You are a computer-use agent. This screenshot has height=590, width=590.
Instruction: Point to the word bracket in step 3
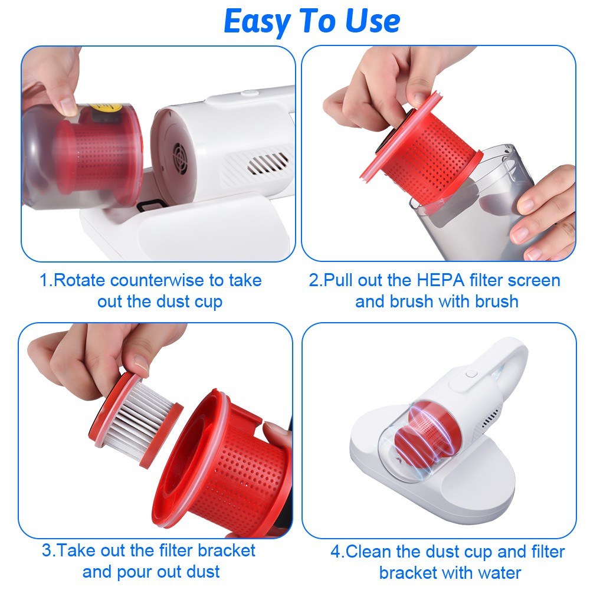click(227, 550)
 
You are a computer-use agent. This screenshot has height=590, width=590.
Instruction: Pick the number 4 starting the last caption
click(336, 552)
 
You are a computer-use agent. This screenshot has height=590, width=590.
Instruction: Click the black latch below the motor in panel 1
click(151, 205)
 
